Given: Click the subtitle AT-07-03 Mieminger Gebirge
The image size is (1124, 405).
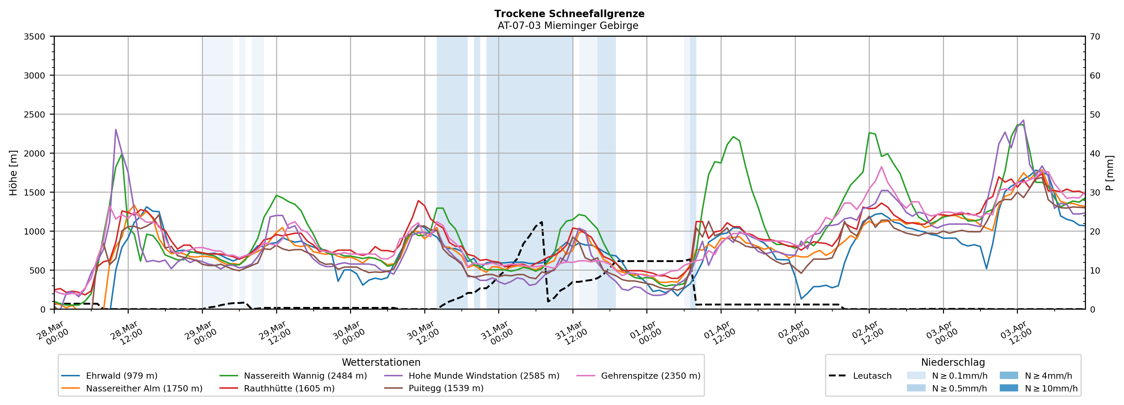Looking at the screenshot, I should pyautogui.click(x=568, y=26).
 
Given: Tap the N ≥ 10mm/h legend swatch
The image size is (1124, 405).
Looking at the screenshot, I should pyautogui.click(x=1008, y=388).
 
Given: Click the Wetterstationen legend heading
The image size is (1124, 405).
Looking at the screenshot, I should pyautogui.click(x=381, y=362).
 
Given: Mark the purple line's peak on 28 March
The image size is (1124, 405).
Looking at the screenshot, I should pyautogui.click(x=116, y=129).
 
